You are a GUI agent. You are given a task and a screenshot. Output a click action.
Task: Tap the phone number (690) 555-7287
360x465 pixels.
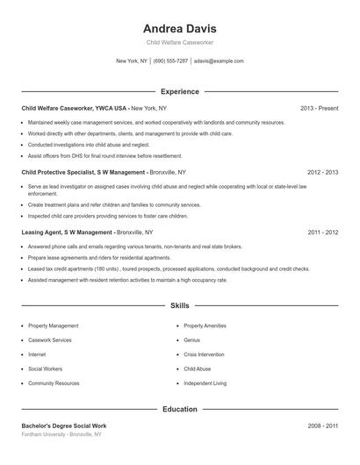coord(171,61)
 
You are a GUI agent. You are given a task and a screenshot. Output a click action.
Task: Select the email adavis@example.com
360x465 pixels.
coord(219,61)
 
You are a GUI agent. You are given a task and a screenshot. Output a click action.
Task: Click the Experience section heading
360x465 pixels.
coord(180,91)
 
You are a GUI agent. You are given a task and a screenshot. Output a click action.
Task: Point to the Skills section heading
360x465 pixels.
coord(180,306)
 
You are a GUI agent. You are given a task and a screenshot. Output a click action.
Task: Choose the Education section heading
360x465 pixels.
coord(180,409)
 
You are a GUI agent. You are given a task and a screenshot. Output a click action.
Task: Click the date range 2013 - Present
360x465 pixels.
coord(319,108)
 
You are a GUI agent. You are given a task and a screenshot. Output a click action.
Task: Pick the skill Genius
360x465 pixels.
coord(192,340)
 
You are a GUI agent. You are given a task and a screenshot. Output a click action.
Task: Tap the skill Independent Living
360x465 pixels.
coord(205,383)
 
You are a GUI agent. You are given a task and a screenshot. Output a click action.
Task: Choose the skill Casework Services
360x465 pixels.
coord(50,340)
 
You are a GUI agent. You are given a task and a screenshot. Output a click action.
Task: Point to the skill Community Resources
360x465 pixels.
coord(54,383)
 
